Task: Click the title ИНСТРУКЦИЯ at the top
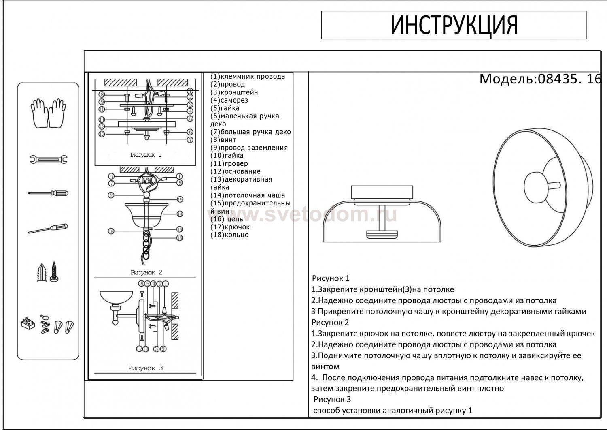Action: (x=454, y=25)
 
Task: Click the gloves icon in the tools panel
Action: (x=48, y=113)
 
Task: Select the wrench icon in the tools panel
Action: (x=48, y=159)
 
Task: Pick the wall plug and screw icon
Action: (x=48, y=272)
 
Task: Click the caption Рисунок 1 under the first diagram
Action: (x=146, y=155)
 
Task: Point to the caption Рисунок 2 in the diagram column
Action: (x=146, y=272)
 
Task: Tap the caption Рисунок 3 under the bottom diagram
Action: (x=145, y=368)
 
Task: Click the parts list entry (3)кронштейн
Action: (x=234, y=92)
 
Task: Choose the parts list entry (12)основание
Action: (x=236, y=171)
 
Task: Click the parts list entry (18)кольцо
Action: (x=229, y=235)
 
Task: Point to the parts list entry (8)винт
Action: (x=223, y=140)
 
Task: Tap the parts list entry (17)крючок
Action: (x=230, y=227)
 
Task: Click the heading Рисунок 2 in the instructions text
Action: (x=330, y=323)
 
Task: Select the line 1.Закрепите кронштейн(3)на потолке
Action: (x=382, y=289)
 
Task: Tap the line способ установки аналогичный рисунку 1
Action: (x=393, y=410)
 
